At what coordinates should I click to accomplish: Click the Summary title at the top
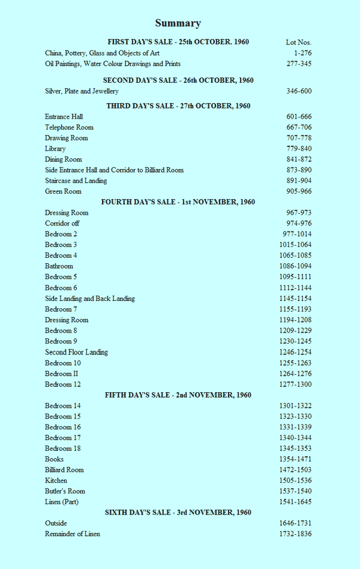point(178,23)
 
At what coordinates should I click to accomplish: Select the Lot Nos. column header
point(298,42)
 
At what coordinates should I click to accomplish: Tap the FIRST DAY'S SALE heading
point(178,42)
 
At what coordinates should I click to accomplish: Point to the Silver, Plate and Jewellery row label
point(82,91)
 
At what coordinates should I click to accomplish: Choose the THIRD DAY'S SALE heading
point(178,106)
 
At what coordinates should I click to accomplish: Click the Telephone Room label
point(69,127)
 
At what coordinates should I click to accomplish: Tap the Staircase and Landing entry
point(76,180)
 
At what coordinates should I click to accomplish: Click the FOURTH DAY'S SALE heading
point(178,202)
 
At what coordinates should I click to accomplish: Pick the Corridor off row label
point(62,223)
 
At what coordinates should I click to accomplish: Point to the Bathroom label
point(59,266)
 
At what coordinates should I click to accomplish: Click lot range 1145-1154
point(295,299)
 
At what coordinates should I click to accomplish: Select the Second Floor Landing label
point(76,352)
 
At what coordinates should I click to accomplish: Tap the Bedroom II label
point(62,374)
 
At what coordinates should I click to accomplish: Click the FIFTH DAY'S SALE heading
point(178,395)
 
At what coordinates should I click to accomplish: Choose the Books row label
point(54,459)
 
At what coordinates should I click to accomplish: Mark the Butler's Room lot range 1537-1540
point(295,491)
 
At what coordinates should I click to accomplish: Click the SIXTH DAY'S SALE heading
point(178,513)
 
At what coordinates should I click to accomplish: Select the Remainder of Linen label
point(73,534)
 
